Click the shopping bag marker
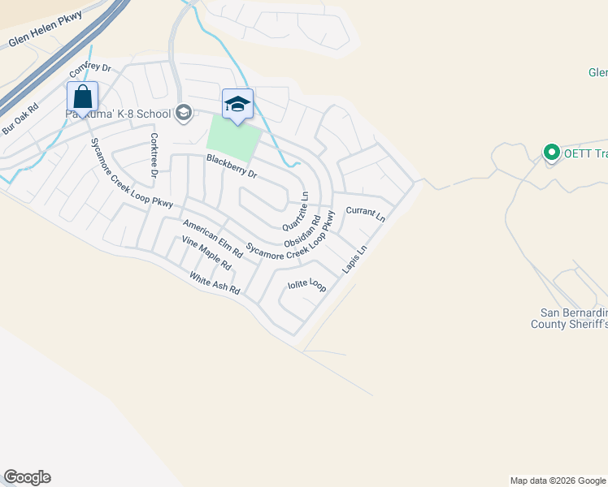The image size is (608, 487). [x=83, y=97]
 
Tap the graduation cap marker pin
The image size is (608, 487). [x=237, y=105]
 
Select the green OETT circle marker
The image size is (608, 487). [x=551, y=152]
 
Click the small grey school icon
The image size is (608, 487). [x=183, y=114]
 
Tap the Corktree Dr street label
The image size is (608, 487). [x=153, y=155]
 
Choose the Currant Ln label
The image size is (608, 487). [x=365, y=213]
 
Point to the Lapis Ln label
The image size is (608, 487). [x=350, y=259]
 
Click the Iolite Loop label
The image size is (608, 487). [x=307, y=286]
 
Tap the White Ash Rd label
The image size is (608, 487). [x=215, y=283]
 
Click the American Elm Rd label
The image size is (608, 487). [x=213, y=239]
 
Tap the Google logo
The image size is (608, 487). [x=27, y=477]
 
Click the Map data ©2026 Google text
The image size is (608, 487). [x=558, y=481]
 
